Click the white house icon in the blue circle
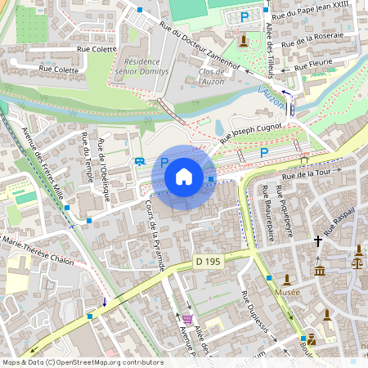coord(184,176)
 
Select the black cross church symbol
coord(319,241)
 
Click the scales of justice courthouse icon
coord(357,263)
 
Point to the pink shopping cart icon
coord(188,319)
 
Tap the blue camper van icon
coord(141,162)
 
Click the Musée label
coord(287,292)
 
